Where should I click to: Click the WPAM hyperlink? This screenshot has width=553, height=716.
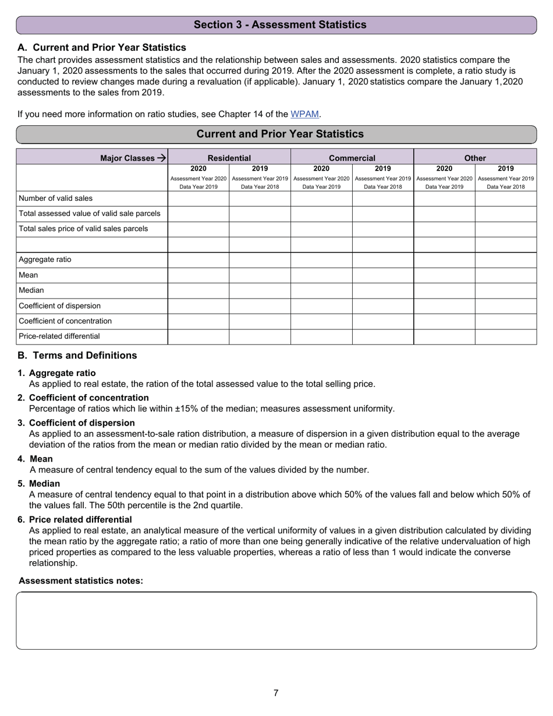(x=304, y=114)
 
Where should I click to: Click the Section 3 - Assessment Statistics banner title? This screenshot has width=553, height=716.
(x=280, y=24)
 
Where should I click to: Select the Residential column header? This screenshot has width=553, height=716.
(x=229, y=158)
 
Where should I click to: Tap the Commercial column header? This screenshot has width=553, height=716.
(x=352, y=158)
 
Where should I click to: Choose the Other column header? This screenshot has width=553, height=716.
(x=475, y=158)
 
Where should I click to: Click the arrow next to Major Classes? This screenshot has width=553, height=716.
(x=162, y=158)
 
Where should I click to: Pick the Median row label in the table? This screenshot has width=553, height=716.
(x=31, y=290)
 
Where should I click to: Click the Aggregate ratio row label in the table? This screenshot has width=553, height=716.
(x=45, y=260)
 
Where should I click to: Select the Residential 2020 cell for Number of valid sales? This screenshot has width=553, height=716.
(x=198, y=199)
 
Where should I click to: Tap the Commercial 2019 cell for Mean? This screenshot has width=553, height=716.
(x=383, y=275)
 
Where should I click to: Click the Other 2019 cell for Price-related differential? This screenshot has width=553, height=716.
(x=506, y=336)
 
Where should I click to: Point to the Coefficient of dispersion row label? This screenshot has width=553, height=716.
(x=59, y=306)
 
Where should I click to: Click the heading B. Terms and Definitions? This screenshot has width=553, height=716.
(x=77, y=355)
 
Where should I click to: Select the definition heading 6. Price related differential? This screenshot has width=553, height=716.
(x=80, y=519)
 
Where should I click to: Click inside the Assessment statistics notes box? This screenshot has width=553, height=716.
(x=276, y=620)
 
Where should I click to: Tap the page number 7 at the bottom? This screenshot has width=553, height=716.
(x=276, y=693)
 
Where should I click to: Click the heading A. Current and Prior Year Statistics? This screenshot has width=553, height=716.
(x=102, y=47)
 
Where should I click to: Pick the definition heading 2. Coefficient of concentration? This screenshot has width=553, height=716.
(x=88, y=398)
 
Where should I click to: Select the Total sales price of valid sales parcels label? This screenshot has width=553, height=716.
(x=83, y=229)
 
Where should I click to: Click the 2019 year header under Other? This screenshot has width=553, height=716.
(x=506, y=169)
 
